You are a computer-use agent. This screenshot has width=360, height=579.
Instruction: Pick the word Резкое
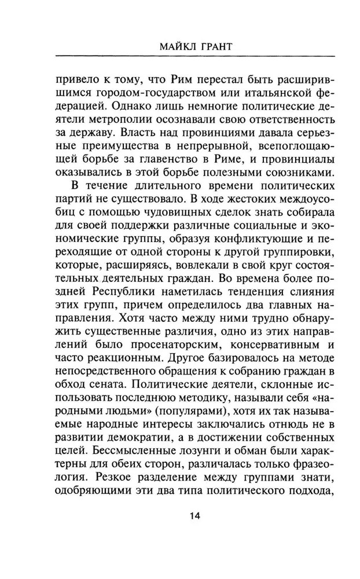pos(116,482)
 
